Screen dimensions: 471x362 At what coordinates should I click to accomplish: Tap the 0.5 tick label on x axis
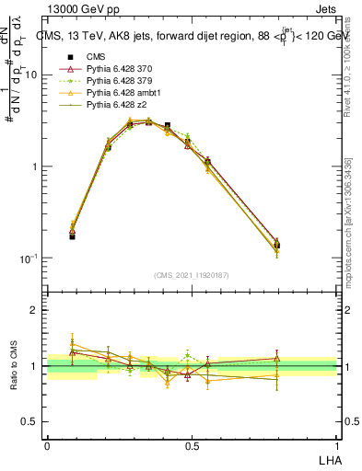(x=192, y=445)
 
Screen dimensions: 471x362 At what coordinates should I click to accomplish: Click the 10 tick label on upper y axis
(x=31, y=75)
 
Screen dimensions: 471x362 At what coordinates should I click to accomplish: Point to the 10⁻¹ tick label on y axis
(x=28, y=258)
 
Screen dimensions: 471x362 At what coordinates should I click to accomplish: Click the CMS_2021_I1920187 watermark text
(x=192, y=275)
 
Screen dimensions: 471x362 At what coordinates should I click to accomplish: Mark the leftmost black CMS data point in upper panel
(x=72, y=236)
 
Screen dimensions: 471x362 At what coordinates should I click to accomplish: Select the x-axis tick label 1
(x=337, y=445)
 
